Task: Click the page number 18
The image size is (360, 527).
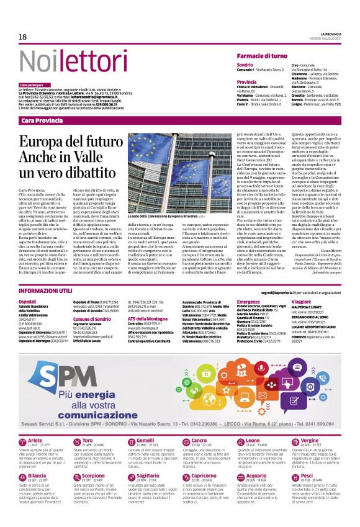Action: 23,37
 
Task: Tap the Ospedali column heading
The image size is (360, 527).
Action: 28,301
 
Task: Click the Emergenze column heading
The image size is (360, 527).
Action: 248,301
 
